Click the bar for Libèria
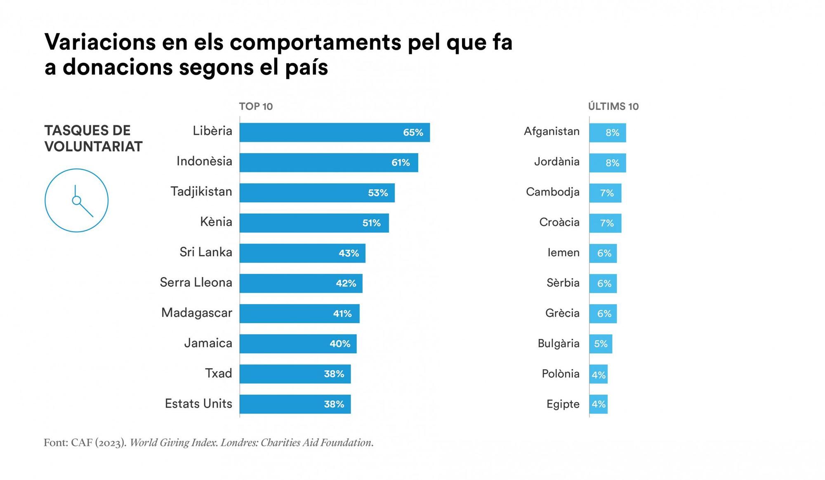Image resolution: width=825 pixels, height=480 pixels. pos(334,132)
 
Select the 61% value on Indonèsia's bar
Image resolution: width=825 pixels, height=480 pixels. pos(401,163)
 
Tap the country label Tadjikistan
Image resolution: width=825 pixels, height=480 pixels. pos(201,192)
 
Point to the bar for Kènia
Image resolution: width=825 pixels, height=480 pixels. pos(313,223)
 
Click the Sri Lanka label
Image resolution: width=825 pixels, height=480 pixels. pos(206,252)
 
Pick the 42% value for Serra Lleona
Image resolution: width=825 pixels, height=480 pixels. pos(346,284)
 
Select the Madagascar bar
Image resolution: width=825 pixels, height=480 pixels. pos(299,314)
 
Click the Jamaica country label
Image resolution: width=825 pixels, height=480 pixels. pos(208,343)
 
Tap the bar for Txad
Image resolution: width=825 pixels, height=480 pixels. pos(295,374)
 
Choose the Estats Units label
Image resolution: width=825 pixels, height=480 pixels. pos(198,404)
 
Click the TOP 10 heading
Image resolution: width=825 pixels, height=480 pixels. pos(256,106)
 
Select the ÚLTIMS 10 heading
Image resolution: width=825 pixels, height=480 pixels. pos(613,106)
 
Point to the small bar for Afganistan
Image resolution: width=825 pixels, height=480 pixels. pos(607,132)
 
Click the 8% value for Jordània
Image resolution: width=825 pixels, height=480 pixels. pos(612,163)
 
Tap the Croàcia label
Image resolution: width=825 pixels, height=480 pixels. pos(559,222)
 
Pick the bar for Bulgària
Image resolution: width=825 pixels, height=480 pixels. pos(601,344)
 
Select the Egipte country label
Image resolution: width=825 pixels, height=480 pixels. pos(563,404)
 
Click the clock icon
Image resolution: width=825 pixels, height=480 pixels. pos(76,200)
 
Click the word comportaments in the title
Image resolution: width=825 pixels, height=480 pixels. pos(315,42)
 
